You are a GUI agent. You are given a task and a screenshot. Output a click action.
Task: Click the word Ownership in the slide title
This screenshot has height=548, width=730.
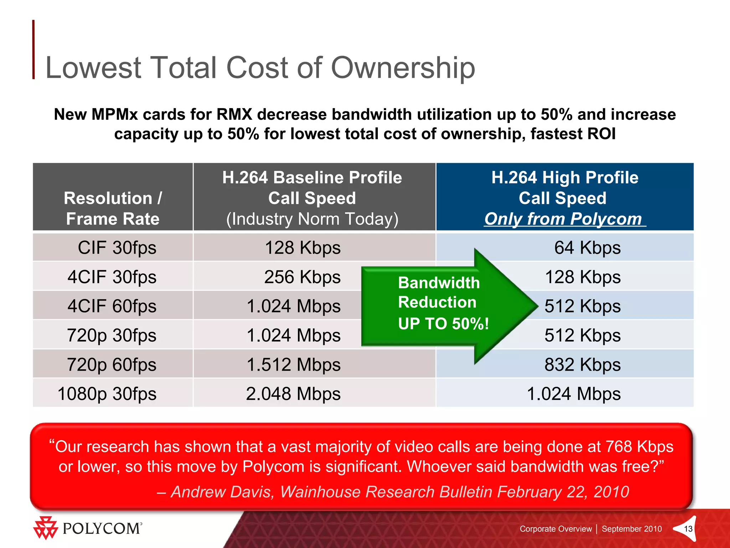(x=403, y=68)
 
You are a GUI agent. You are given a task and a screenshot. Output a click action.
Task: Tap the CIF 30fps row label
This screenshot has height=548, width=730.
(x=117, y=248)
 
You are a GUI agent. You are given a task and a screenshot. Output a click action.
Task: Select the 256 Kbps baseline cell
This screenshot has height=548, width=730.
(x=302, y=277)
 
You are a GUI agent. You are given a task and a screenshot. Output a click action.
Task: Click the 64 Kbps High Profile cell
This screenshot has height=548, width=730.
(x=587, y=248)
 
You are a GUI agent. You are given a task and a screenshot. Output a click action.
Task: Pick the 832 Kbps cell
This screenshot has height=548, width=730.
(x=582, y=365)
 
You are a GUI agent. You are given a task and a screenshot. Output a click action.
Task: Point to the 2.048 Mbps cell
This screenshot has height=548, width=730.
(x=293, y=394)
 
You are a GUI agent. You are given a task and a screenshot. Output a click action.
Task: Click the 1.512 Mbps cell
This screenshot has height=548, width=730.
(x=293, y=365)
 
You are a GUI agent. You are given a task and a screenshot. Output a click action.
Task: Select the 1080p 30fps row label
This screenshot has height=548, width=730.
(x=107, y=394)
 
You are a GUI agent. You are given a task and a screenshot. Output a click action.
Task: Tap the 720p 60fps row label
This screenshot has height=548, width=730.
(x=112, y=365)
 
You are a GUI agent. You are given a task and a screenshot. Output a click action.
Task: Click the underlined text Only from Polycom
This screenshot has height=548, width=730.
(x=563, y=219)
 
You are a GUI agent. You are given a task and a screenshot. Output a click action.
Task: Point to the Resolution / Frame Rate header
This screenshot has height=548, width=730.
(x=113, y=208)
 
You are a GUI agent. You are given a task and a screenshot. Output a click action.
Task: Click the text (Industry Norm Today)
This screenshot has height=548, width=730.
(x=312, y=219)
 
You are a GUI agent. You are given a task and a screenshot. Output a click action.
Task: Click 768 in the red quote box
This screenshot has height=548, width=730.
(x=619, y=447)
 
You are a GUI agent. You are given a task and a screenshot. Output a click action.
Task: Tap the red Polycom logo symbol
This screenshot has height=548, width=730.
(x=45, y=528)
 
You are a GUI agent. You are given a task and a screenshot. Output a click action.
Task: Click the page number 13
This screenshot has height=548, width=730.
(x=688, y=529)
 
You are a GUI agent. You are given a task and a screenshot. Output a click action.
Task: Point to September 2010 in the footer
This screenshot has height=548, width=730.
(x=632, y=529)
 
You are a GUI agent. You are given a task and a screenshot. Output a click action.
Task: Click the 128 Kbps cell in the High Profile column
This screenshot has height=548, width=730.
(x=582, y=277)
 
